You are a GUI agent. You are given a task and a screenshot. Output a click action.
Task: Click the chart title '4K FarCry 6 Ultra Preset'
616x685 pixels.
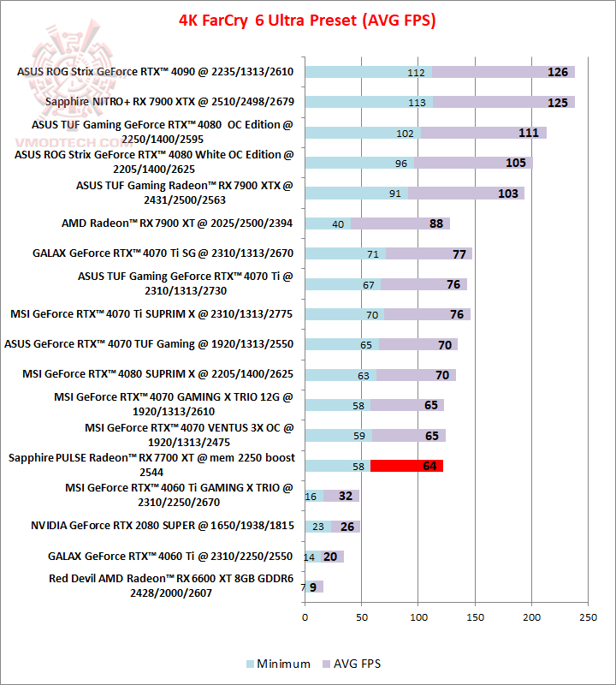click(307, 20)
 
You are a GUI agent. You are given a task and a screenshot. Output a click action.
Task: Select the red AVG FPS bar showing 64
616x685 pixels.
click(406, 466)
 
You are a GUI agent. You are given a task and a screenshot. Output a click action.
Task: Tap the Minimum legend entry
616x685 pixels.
click(278, 664)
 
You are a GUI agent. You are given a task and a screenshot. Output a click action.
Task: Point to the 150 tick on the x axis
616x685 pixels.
click(475, 616)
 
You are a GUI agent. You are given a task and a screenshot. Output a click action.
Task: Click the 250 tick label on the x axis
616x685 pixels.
click(589, 616)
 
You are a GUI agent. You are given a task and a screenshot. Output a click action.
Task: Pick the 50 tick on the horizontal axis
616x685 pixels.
click(361, 616)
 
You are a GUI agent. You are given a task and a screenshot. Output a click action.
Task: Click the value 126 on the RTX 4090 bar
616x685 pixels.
click(558, 72)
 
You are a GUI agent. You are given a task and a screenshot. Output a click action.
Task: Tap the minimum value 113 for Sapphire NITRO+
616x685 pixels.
click(418, 103)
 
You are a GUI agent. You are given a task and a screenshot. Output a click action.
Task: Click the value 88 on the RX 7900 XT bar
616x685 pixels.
click(436, 223)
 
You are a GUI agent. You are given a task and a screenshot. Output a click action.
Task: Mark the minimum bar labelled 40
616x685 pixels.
click(328, 223)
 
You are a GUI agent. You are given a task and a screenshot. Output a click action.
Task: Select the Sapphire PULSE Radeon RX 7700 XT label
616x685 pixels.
click(151, 464)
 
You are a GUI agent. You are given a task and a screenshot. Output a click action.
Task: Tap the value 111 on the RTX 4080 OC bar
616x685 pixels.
click(528, 133)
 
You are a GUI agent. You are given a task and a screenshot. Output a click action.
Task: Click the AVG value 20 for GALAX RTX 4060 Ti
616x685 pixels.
click(329, 557)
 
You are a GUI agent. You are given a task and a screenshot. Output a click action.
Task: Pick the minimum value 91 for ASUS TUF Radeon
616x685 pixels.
click(394, 194)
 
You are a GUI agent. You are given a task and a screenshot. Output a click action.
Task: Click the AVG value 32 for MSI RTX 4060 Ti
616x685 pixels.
click(345, 496)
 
